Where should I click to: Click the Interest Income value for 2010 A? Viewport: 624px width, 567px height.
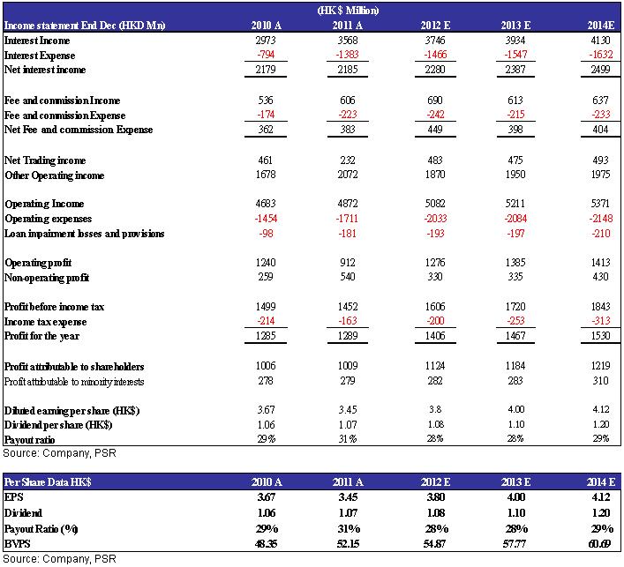click(266, 41)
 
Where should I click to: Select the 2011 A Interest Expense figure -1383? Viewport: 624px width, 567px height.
click(348, 54)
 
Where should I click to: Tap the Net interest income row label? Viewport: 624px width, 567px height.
click(45, 70)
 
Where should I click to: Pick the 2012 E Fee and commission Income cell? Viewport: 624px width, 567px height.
click(435, 101)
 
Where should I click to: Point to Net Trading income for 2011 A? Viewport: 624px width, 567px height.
click(348, 160)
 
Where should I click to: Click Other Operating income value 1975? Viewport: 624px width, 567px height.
click(600, 174)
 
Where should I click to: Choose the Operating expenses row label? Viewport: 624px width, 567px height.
click(49, 219)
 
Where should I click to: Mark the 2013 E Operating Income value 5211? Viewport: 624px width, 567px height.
click(515, 204)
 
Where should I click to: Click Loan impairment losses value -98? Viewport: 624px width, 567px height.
click(266, 233)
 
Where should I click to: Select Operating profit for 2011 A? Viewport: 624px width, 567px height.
click(348, 263)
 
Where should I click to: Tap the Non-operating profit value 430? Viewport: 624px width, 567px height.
click(600, 276)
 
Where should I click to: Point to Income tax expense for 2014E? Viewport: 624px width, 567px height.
click(600, 320)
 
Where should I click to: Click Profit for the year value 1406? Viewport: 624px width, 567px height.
click(435, 336)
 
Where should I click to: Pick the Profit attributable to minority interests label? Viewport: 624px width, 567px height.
click(74, 382)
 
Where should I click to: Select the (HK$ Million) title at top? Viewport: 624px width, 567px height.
click(348, 11)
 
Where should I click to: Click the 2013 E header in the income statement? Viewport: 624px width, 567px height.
click(515, 25)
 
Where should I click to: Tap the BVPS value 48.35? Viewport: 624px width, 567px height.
click(266, 543)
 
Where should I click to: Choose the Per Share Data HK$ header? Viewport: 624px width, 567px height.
click(48, 482)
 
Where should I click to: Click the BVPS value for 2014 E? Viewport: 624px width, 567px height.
click(599, 543)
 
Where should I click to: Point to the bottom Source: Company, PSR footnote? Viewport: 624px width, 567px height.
click(60, 559)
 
